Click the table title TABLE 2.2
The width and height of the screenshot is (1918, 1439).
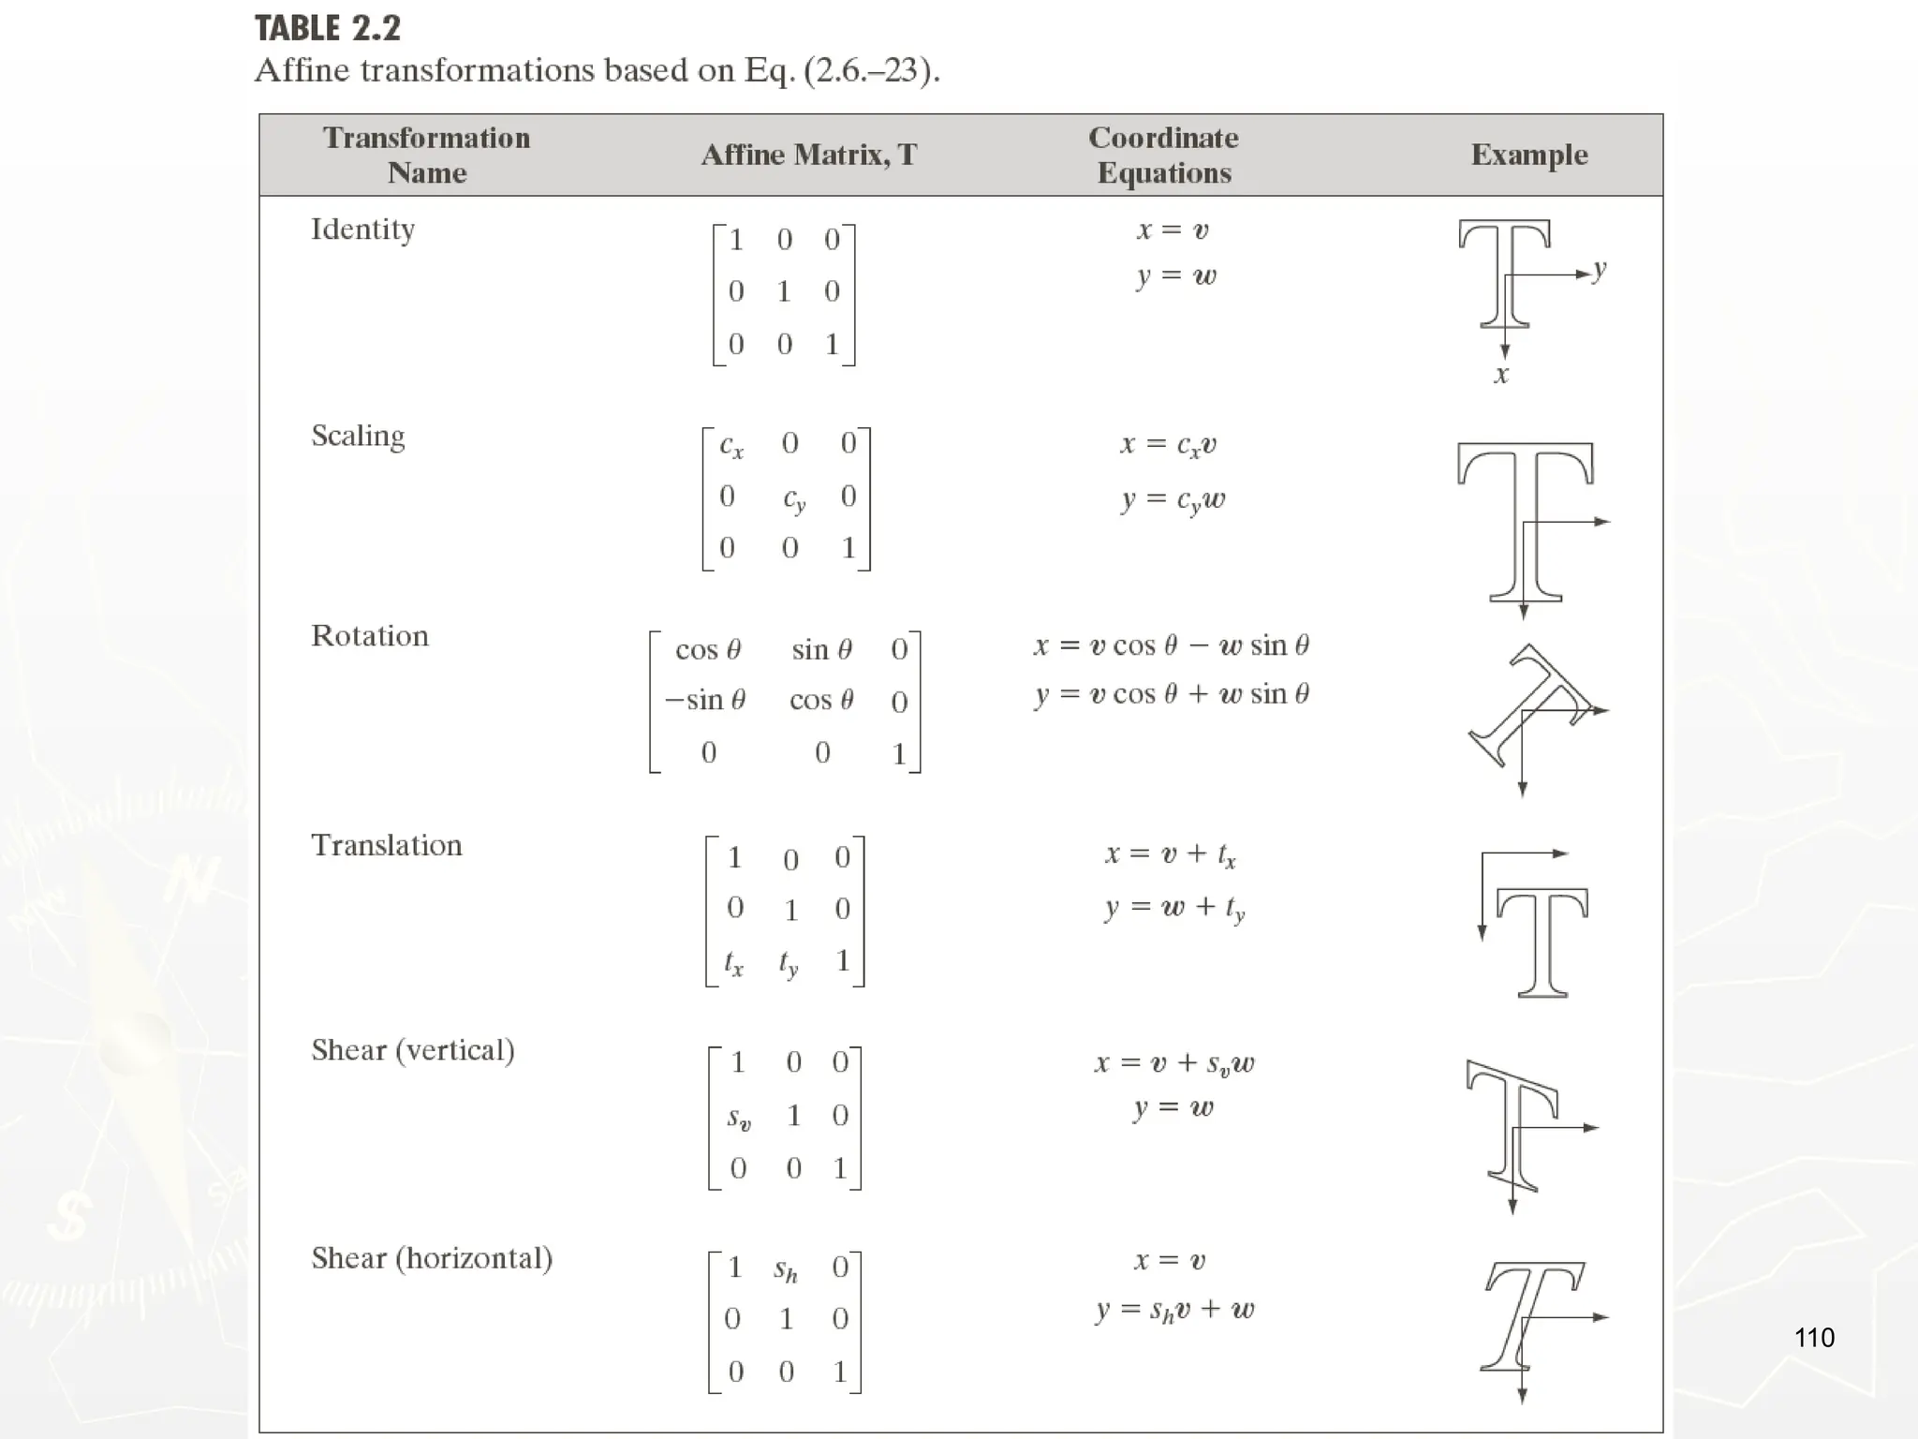(328, 28)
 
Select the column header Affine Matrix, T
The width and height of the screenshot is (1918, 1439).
(809, 155)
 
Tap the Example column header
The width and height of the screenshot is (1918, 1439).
(1529, 155)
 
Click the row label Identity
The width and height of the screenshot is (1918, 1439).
(362, 230)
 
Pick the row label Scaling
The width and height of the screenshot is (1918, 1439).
(358, 436)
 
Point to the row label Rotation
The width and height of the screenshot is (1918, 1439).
(370, 636)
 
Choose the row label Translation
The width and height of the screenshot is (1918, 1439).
(387, 845)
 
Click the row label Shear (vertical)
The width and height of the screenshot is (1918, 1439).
(413, 1050)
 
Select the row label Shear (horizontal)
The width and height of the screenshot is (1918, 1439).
(432, 1258)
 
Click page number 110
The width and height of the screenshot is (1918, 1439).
(1814, 1337)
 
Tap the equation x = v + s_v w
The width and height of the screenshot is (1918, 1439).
(1174, 1063)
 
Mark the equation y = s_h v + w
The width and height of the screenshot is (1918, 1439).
(1175, 1310)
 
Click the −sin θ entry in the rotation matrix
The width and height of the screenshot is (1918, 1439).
(705, 701)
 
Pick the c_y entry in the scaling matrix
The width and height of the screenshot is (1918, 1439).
(794, 498)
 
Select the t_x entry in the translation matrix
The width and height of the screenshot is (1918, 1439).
(733, 962)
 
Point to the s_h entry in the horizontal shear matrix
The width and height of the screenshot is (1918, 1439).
(785, 1269)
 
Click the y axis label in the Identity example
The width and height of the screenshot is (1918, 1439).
(1600, 270)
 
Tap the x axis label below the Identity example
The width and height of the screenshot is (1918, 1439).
(1501, 375)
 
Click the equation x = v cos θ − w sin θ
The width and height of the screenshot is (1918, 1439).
(1172, 645)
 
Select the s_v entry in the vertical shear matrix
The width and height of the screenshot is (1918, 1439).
(739, 1118)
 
